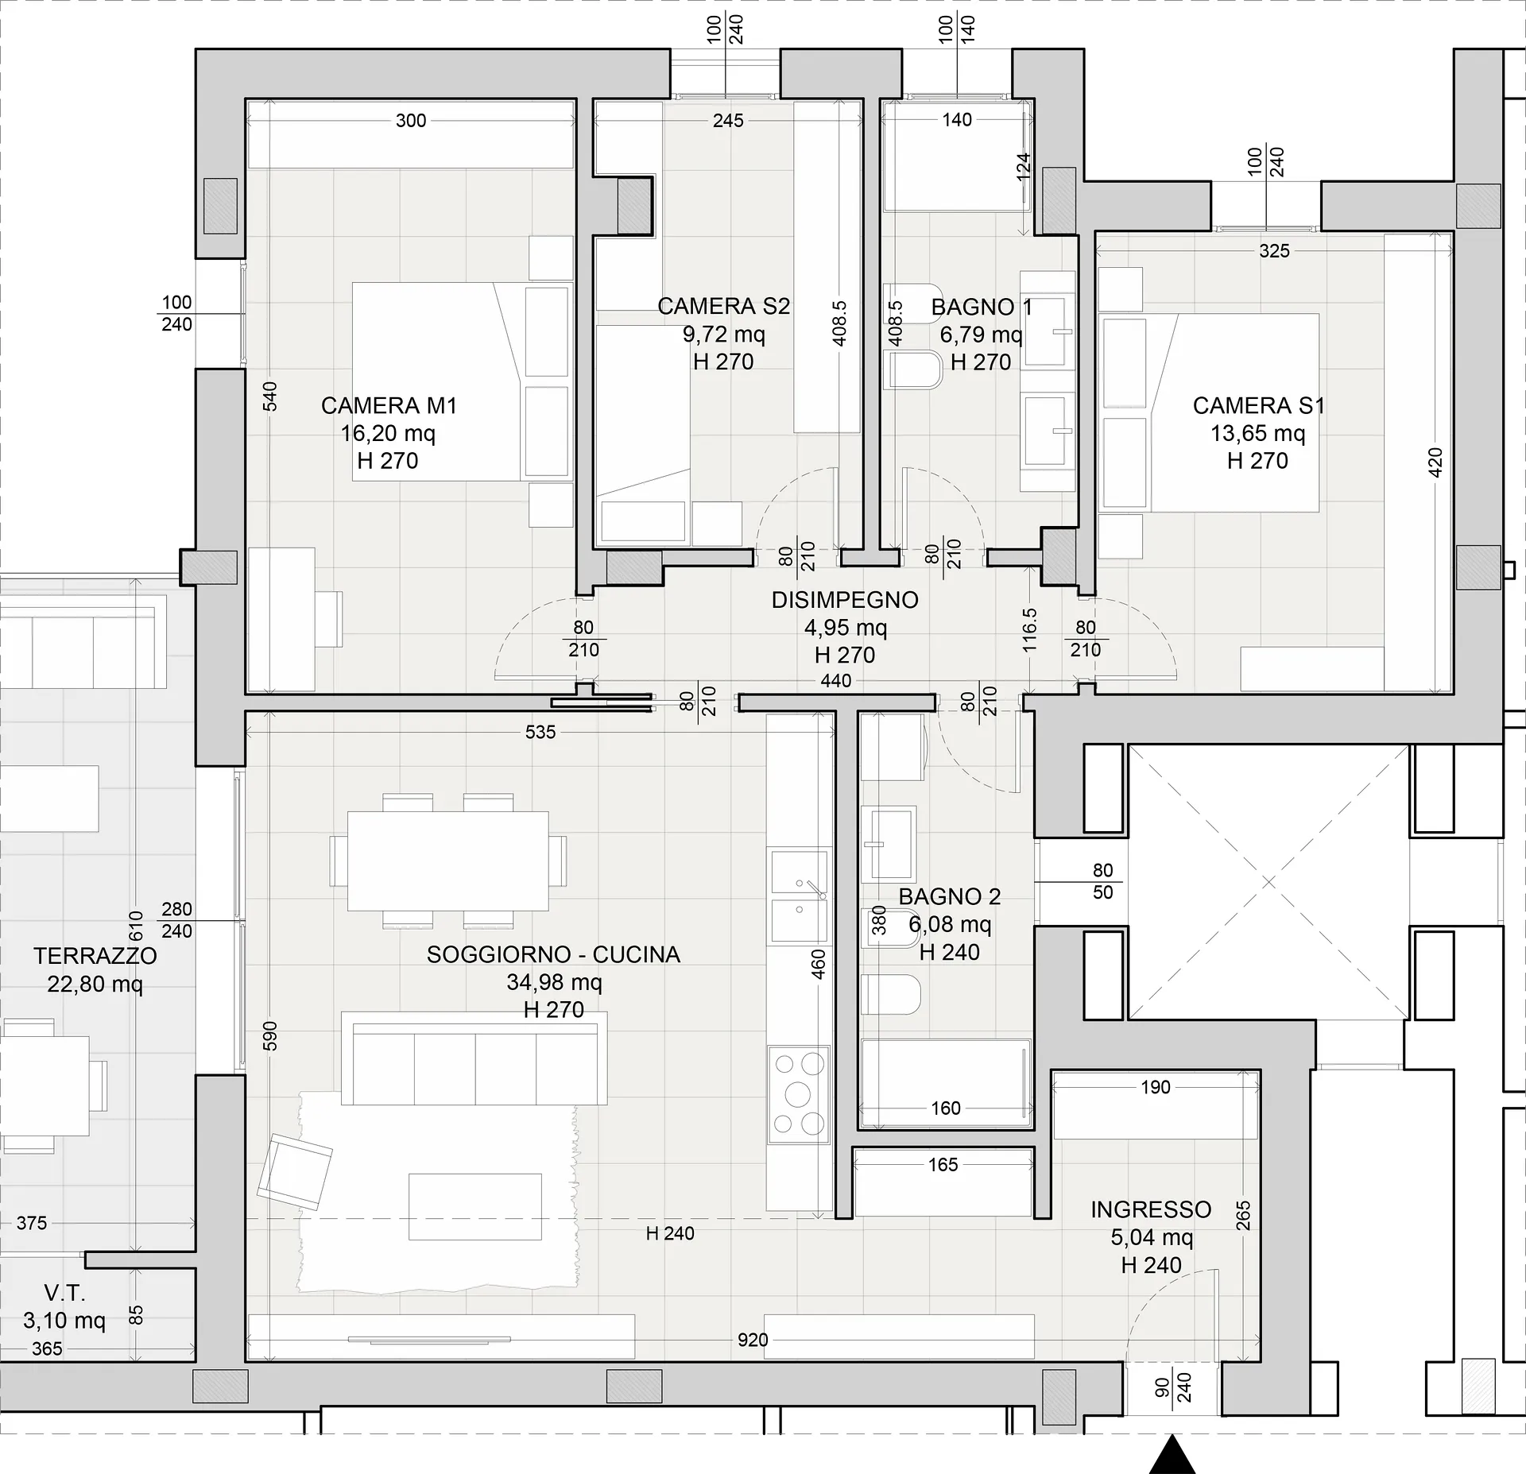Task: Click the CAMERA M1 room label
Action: point(389,406)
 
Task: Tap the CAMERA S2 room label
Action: point(724,307)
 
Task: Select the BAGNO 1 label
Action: point(982,308)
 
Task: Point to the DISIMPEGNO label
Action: point(845,600)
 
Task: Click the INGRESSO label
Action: point(1151,1209)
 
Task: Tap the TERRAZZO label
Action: point(95,956)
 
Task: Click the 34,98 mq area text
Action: point(555,983)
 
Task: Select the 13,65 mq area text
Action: point(1258,434)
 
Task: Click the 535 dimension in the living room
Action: point(540,733)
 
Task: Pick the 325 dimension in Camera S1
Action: point(1275,251)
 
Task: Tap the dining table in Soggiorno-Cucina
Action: point(447,861)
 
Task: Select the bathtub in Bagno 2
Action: point(947,1084)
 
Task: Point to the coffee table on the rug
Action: point(475,1206)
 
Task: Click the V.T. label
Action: point(64,1294)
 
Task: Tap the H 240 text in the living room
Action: point(670,1233)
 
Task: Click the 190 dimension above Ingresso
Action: point(1156,1087)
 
